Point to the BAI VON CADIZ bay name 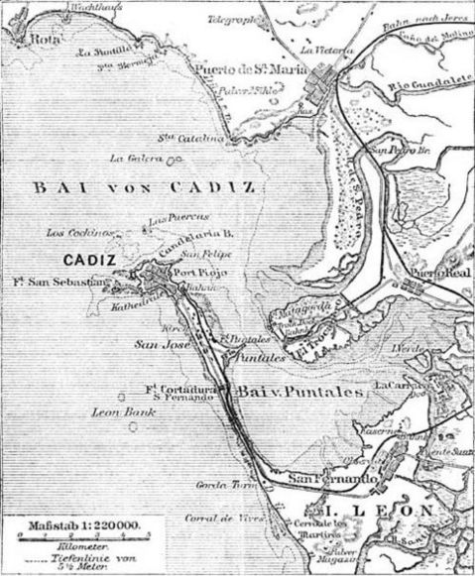143,186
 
